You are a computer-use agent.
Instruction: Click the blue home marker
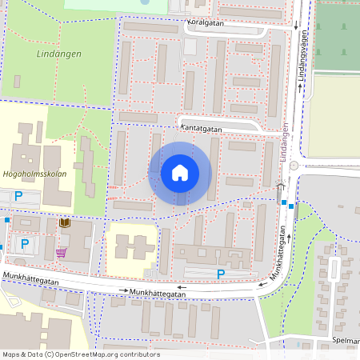coord(180,173)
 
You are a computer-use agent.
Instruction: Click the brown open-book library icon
coord(65,223)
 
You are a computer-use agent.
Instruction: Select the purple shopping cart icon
coord(61,253)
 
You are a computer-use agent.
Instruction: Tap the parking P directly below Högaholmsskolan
coord(18,195)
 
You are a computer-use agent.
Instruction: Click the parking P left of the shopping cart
coord(25,243)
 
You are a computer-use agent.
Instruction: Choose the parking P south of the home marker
coord(221,274)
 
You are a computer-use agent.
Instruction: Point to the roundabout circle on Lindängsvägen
coord(294,165)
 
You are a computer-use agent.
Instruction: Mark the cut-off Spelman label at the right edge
coord(346,340)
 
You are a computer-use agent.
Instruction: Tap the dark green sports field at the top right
coord(336,36)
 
